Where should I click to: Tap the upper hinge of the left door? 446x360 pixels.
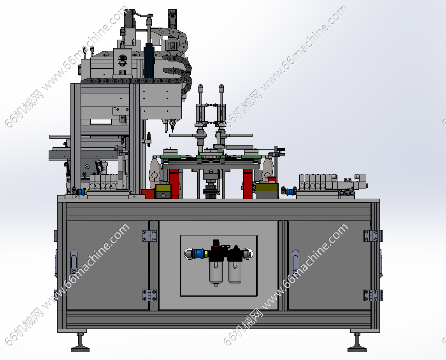149,236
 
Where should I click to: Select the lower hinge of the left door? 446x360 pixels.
149,295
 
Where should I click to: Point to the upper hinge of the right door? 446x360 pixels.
371,236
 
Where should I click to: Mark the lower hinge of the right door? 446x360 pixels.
371,295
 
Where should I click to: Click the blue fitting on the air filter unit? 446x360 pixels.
198,253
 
